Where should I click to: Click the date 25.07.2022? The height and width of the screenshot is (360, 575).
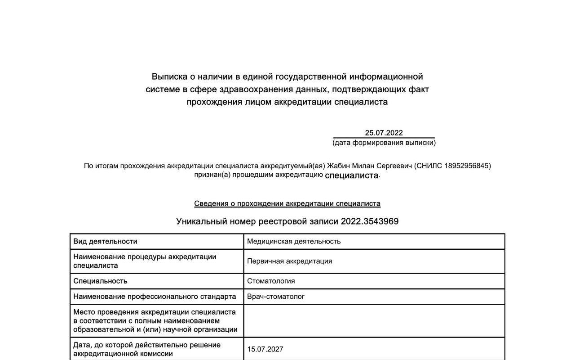[384, 133]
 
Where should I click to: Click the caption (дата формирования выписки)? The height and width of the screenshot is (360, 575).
[384, 143]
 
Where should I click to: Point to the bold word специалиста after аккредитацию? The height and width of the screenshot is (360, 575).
[352, 175]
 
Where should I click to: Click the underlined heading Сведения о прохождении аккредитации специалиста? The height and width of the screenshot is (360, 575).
[287, 203]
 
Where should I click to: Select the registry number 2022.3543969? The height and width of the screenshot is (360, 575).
[370, 221]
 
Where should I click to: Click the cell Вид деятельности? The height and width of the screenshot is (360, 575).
[106, 241]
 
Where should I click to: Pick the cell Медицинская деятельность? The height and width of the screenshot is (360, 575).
[294, 241]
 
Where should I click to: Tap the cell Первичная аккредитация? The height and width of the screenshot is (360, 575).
[289, 261]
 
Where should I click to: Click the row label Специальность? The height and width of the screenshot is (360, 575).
[100, 281]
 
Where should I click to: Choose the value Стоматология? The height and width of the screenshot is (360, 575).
[271, 281]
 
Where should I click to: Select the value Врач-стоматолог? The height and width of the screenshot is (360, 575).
[276, 297]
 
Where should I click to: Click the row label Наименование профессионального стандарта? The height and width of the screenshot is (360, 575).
[155, 297]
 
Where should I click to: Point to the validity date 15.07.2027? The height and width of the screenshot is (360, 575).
[265, 349]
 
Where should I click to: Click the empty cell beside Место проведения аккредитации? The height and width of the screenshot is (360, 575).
[374, 320]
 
